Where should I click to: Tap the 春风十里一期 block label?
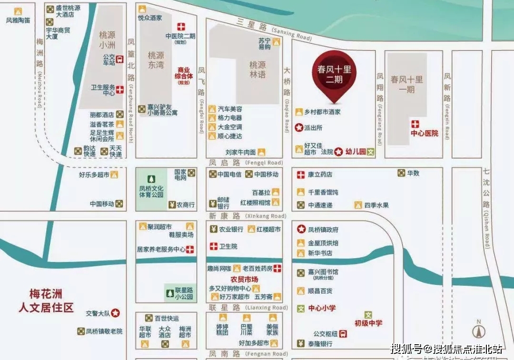(406, 84)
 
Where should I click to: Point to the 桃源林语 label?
(257, 70)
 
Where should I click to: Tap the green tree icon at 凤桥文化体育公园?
(151, 179)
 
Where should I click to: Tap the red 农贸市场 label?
(244, 279)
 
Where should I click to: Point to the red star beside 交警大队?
(116, 313)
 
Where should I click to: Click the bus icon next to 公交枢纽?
(344, 333)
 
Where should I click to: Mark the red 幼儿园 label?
(355, 152)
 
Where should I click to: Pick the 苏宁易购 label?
(265, 44)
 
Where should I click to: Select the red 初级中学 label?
(368, 323)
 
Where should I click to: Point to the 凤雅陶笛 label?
(18, 20)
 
